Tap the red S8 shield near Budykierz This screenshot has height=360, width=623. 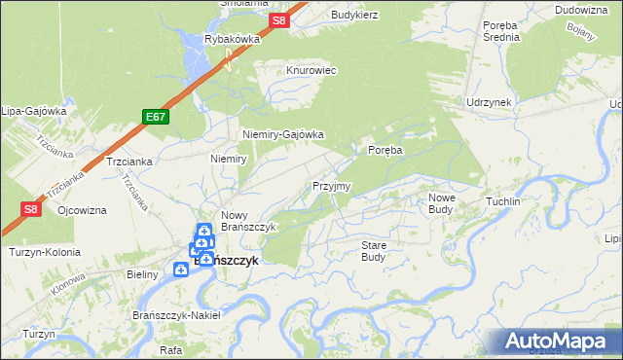tap(280, 20)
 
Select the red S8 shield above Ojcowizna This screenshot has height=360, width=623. tap(30, 208)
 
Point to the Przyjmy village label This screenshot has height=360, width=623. tap(331, 186)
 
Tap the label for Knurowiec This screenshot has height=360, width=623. tap(311, 71)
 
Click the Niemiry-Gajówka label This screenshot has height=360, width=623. tap(282, 135)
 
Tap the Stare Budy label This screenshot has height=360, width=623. tap(374, 251)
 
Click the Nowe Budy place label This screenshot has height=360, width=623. tap(441, 203)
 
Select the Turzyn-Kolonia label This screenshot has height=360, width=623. tap(44, 252)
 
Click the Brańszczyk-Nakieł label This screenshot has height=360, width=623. tap(176, 315)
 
